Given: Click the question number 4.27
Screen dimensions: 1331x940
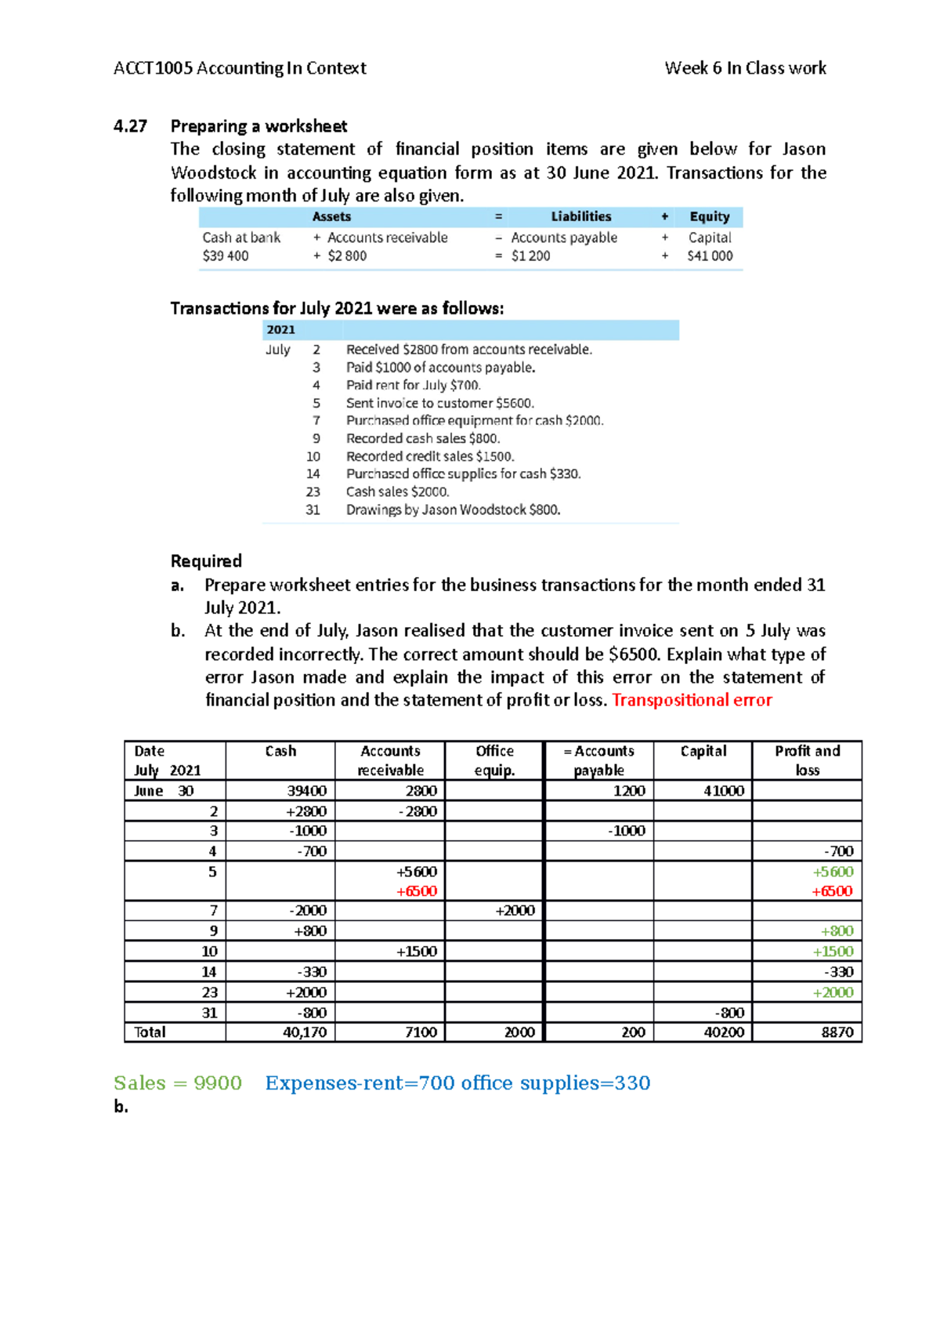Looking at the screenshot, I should click(x=130, y=126).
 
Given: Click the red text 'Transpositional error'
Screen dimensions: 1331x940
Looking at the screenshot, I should click(x=692, y=700).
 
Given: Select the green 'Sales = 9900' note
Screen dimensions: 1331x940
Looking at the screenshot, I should click(x=178, y=1083).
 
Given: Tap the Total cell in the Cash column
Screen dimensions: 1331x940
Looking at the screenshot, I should click(x=304, y=1032).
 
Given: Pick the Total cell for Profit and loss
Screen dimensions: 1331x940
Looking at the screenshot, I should click(x=837, y=1032).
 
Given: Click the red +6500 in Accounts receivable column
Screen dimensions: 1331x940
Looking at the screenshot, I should click(x=416, y=891).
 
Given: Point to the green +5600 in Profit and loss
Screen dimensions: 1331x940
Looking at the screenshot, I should click(x=832, y=872).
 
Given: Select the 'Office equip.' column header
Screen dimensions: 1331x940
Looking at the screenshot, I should click(x=494, y=760).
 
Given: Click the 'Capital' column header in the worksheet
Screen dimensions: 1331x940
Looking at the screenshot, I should click(x=703, y=751).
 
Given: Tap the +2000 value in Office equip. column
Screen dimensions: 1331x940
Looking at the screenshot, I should click(x=515, y=910).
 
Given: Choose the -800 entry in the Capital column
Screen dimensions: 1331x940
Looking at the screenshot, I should click(x=728, y=1013).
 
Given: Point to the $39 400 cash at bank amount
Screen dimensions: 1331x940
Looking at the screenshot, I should click(x=226, y=256).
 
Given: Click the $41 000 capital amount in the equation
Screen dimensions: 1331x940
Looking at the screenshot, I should click(x=710, y=256).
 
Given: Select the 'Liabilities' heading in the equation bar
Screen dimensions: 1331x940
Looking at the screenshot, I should click(x=580, y=216).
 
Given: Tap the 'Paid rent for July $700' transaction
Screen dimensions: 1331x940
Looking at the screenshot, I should click(x=414, y=385).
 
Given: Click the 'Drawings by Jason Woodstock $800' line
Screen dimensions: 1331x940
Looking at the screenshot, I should click(x=454, y=510).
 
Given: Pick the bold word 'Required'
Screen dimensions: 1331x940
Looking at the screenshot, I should click(x=206, y=561).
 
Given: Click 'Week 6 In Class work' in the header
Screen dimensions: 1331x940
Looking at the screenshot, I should click(x=745, y=68).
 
